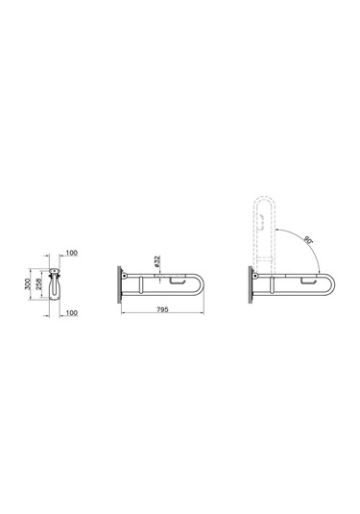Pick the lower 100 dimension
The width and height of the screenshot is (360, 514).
(73, 310)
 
